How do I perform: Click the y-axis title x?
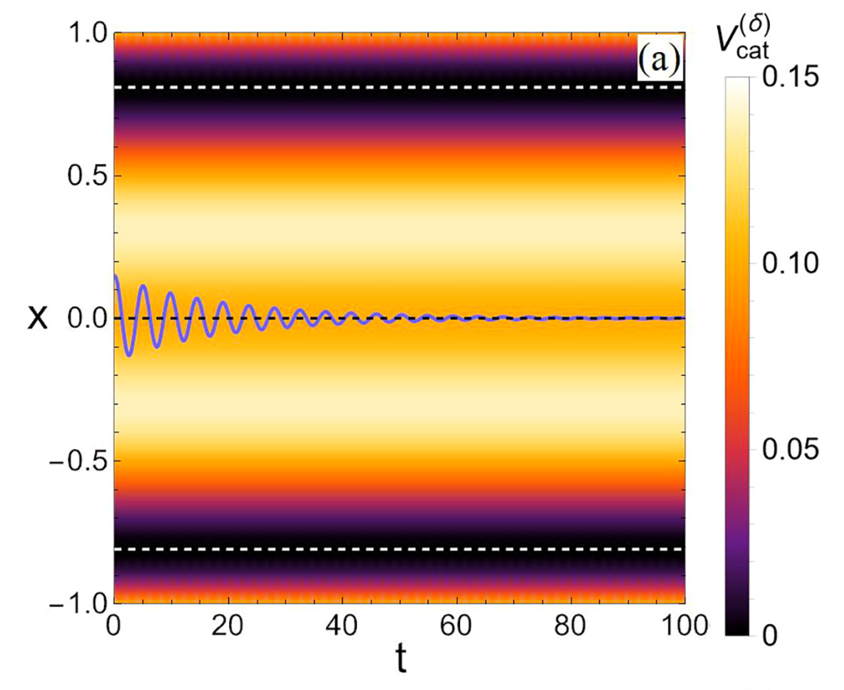click(37, 318)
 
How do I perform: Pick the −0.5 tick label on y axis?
click(77, 461)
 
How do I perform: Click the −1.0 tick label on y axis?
click(77, 603)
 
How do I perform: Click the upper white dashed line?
click(398, 87)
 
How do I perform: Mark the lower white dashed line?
click(398, 549)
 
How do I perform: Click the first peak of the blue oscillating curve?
click(116, 277)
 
